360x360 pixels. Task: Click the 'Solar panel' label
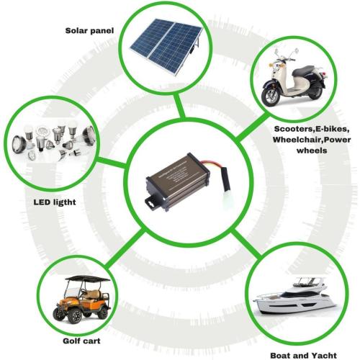tap(89, 31)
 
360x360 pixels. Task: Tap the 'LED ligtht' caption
tap(55, 202)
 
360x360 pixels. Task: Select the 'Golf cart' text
tap(81, 341)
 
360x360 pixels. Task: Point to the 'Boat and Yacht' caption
tap(303, 356)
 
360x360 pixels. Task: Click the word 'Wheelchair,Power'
tap(312, 140)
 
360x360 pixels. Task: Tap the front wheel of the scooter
tap(271, 96)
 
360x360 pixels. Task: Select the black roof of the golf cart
tap(88, 279)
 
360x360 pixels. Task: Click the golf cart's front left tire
tap(76, 316)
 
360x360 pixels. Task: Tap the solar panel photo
tap(166, 47)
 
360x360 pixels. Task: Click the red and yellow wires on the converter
tap(209, 164)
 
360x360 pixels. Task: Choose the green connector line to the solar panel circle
tap(180, 106)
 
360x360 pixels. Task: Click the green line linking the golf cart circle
tap(125, 248)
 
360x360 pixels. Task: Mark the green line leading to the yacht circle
tap(246, 245)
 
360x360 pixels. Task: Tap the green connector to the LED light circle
tap(112, 163)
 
